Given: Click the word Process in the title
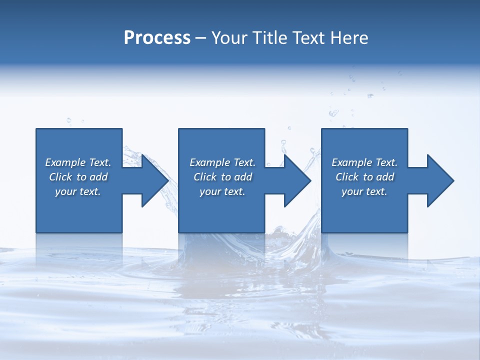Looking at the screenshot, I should pyautogui.click(x=157, y=38).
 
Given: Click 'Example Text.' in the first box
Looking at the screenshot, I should pyautogui.click(x=78, y=162).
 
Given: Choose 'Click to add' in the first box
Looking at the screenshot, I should pyautogui.click(x=78, y=177).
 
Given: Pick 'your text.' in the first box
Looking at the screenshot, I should pyautogui.click(x=78, y=191).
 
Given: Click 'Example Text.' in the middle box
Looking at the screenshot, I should pyautogui.click(x=222, y=162).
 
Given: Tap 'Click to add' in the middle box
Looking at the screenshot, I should pyautogui.click(x=222, y=177).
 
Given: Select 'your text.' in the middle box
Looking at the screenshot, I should pyautogui.click(x=222, y=191).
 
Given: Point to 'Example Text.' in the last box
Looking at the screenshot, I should pyautogui.click(x=364, y=162).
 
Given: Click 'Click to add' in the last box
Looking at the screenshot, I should pyautogui.click(x=364, y=177).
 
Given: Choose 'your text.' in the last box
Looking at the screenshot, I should pyautogui.click(x=364, y=191).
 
